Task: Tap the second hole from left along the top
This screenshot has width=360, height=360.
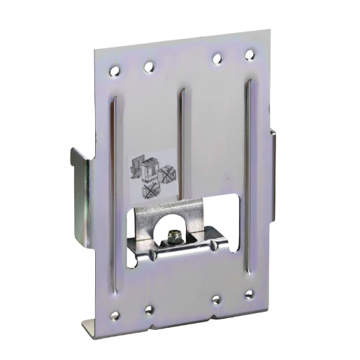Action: tap(148, 68)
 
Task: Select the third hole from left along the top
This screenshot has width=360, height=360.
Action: tap(217, 58)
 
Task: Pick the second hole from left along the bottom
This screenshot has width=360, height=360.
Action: tap(148, 308)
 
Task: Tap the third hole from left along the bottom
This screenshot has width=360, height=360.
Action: tap(216, 299)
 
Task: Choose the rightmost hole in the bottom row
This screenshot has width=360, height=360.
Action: tap(248, 296)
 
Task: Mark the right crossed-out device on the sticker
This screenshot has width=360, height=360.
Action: tap(168, 172)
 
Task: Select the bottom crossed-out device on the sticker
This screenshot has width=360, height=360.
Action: tap(150, 190)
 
